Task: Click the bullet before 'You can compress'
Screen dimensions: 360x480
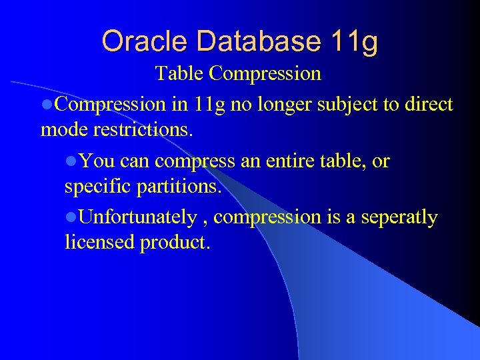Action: [x=71, y=161]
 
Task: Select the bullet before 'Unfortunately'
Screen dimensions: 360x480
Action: [x=71, y=217]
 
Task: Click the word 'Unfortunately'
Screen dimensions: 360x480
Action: [x=137, y=217]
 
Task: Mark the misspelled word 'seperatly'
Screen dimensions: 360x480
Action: [x=399, y=217]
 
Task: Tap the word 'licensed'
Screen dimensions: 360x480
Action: [x=99, y=243]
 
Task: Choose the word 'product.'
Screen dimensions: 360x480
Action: [x=175, y=243]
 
